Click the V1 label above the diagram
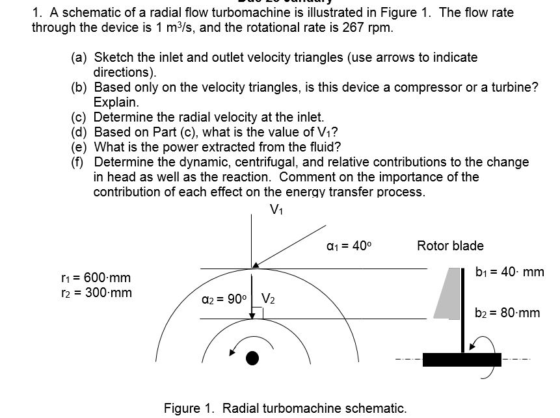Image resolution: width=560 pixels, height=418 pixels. (x=276, y=209)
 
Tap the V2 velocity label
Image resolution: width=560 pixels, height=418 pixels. (x=269, y=300)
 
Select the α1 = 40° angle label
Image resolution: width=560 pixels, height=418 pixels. (x=349, y=246)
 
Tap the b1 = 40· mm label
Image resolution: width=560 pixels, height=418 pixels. (x=509, y=272)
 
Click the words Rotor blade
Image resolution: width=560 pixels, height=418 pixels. (x=450, y=246)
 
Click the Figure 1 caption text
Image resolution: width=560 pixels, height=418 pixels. (x=285, y=408)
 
